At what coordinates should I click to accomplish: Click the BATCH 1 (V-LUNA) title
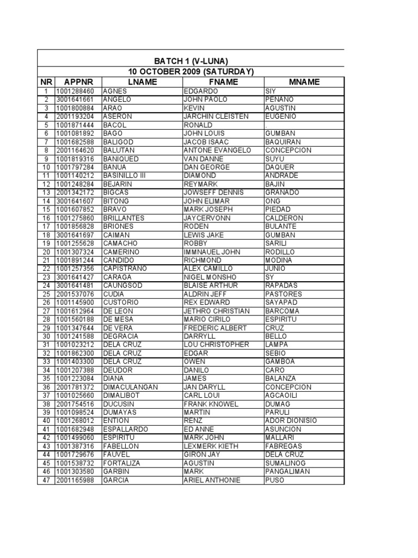(190, 61)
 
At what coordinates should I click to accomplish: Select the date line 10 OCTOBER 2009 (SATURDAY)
(190, 72)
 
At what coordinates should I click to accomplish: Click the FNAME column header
(223, 82)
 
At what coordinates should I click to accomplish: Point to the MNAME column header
(304, 82)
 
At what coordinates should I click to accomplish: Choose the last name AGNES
(114, 91)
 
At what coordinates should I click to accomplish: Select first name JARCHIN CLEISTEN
(217, 117)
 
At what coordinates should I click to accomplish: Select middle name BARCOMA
(283, 311)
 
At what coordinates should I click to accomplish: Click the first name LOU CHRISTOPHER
(217, 344)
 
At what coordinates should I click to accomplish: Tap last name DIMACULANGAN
(130, 387)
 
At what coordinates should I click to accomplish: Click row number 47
(46, 480)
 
